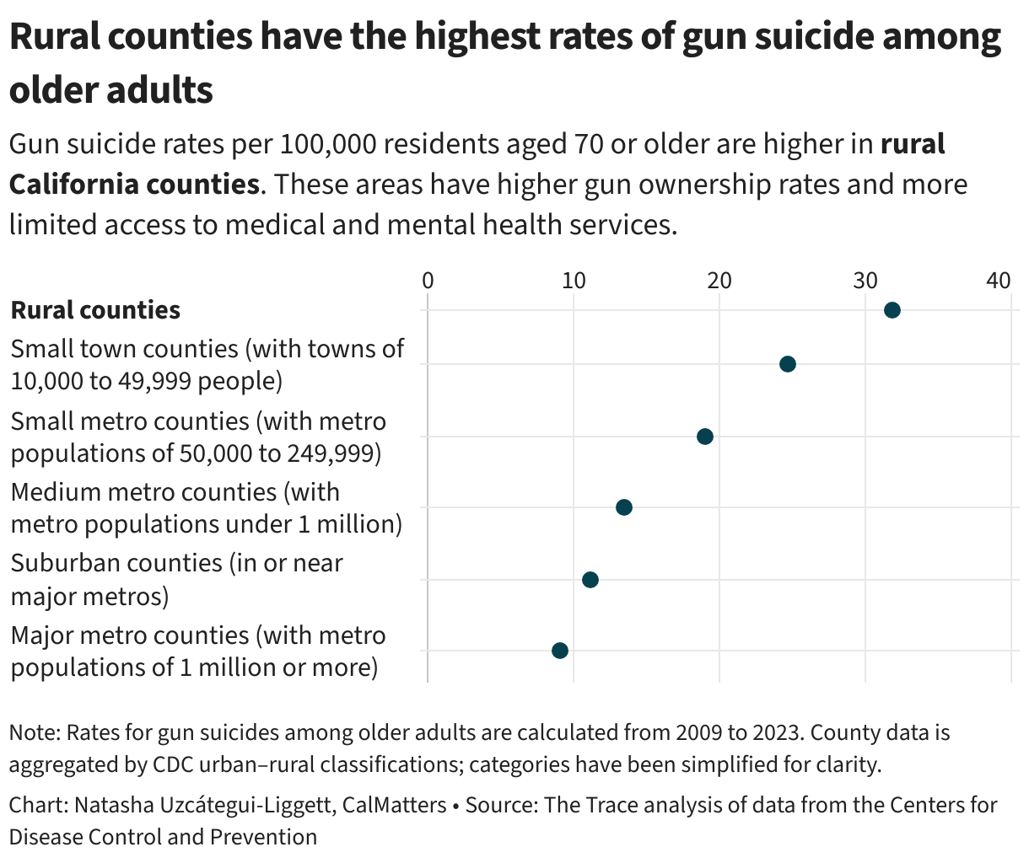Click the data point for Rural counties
892,310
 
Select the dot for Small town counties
787,364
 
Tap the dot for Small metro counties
705,437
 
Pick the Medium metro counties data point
623,507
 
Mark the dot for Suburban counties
590,580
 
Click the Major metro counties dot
559,651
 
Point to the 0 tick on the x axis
428,281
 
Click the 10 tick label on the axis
574,281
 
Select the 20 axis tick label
719,281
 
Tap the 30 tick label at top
865,281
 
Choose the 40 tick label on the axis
999,281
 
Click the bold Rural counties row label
95,310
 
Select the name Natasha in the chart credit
110,805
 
